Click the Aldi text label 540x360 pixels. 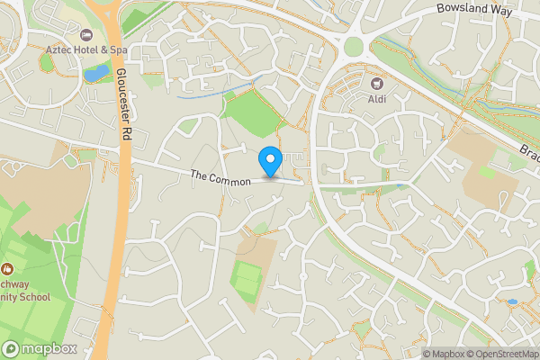pyautogui.click(x=377, y=98)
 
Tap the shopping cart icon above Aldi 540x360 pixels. pyautogui.click(x=377, y=83)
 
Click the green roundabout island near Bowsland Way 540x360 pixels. pyautogui.click(x=354, y=46)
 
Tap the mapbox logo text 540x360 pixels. pyautogui.click(x=49, y=349)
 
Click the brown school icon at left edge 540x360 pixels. pyautogui.click(x=7, y=268)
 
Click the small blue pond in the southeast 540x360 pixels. pyautogui.click(x=512, y=301)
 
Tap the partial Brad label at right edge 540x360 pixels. pyautogui.click(x=528, y=154)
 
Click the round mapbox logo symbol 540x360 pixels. pyautogui.click(x=12, y=349)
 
